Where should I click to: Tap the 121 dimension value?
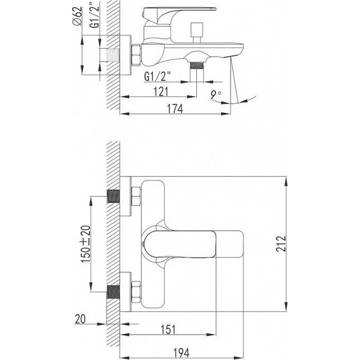161,92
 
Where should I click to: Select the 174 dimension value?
175,109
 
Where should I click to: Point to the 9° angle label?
215,95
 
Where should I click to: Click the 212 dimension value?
281,244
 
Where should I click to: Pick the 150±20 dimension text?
86,244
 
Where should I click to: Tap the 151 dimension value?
168,329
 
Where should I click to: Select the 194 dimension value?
182,353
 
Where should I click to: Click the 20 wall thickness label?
80,319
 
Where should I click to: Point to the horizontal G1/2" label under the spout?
158,76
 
